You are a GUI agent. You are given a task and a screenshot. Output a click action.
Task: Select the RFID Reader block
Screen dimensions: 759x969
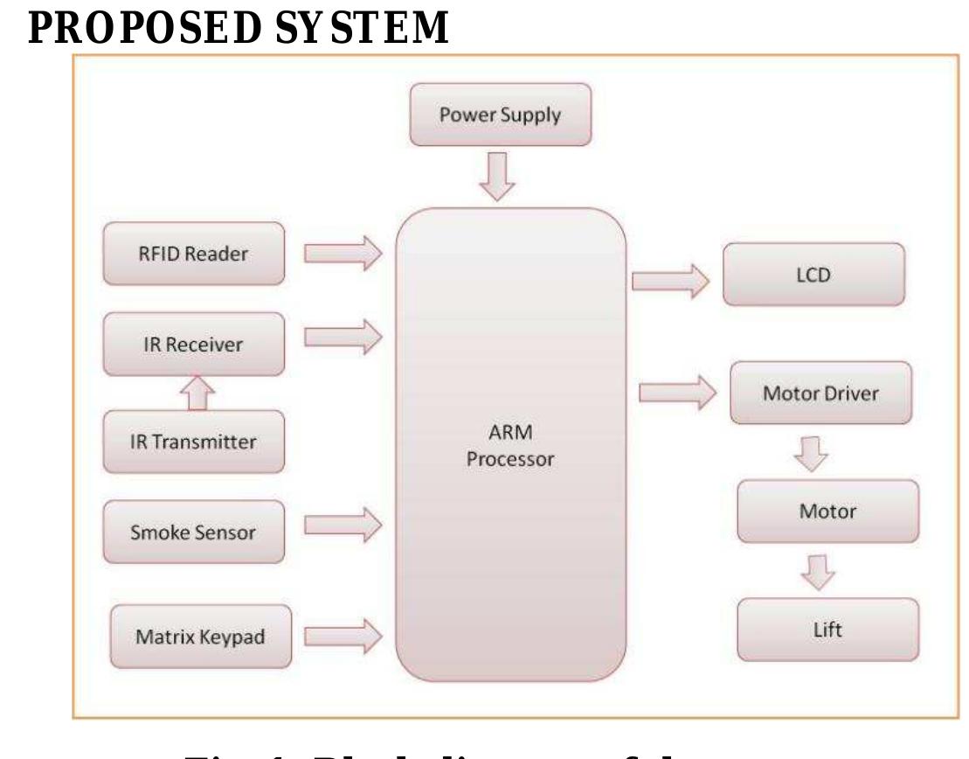193,254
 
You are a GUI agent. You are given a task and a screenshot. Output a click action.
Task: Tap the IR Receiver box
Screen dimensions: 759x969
193,344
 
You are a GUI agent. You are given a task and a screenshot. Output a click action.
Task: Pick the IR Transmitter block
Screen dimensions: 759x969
193,442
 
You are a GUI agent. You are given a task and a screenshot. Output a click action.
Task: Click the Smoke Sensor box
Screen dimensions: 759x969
193,532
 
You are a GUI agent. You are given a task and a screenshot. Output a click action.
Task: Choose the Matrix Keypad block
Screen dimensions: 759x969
200,636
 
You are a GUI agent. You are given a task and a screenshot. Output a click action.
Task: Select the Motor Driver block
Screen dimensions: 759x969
821,393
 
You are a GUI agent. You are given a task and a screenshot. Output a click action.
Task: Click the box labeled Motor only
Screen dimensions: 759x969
827,512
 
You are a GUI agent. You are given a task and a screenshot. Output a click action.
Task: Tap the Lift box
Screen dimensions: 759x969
827,630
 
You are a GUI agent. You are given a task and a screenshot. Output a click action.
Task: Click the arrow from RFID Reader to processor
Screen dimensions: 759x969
343,254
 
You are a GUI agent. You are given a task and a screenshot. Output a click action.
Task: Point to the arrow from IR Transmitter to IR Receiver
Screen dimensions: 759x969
197,393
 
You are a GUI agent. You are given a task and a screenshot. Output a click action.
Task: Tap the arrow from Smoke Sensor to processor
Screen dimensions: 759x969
343,525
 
